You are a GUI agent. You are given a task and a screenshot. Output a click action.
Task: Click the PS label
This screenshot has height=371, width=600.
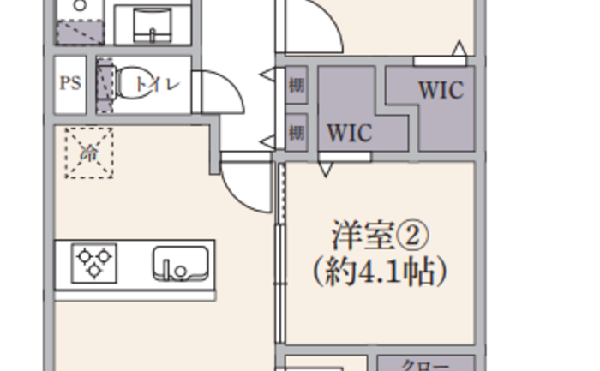tap(70, 83)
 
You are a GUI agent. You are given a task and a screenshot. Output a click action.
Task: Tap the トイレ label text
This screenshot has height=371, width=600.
tap(159, 83)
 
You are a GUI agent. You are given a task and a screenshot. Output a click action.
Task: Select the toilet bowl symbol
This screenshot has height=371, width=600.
tap(129, 83)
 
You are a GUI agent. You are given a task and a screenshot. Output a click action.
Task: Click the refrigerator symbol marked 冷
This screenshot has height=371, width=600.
tap(89, 153)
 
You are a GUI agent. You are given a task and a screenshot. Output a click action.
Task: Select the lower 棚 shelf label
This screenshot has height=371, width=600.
tap(297, 133)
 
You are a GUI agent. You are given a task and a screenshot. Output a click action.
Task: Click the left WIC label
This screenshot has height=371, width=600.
tap(350, 134)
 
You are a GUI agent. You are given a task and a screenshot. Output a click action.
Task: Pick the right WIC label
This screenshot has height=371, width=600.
tap(441, 90)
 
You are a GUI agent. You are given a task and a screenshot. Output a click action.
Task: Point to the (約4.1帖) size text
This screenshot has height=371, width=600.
tap(380, 272)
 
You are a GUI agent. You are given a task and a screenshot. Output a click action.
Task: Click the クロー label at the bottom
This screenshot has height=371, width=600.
tap(426, 365)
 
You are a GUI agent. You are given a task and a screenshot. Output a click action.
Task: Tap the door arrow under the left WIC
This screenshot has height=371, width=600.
tap(326, 169)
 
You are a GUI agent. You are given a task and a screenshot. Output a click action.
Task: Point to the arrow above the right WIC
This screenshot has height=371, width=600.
tap(459, 49)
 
